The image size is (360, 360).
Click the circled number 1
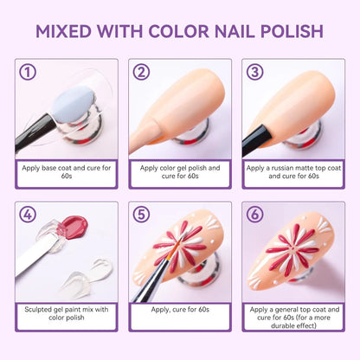click(28, 72)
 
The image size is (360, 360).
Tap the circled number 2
click(141, 72)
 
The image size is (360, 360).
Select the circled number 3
click(255, 72)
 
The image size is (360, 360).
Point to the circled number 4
click(28, 215)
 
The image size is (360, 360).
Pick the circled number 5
click(141, 215)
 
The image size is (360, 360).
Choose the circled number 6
click(255, 215)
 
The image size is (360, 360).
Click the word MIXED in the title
click(64, 31)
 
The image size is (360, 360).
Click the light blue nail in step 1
click(74, 104)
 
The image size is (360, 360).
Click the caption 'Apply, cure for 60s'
click(180, 310)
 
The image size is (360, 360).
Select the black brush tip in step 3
click(258, 139)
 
